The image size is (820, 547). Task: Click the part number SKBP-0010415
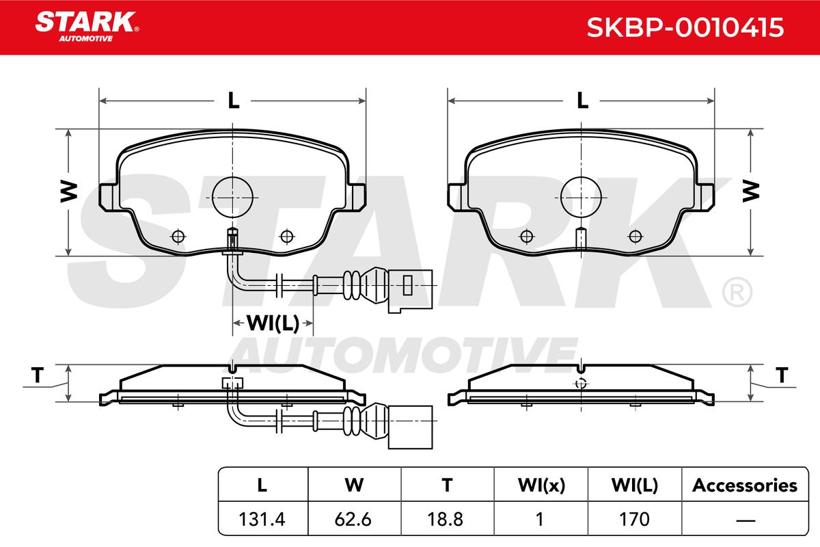[x=685, y=27]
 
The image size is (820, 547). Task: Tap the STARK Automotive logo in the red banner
[x=87, y=27]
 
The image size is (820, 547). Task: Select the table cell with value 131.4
[x=262, y=519]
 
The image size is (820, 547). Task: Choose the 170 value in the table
[x=634, y=519]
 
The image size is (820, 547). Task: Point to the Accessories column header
[x=745, y=485]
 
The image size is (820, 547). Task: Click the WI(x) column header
[x=541, y=485]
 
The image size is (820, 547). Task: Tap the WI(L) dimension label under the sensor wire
[x=273, y=323]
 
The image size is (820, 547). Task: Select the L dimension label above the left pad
[x=234, y=101]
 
